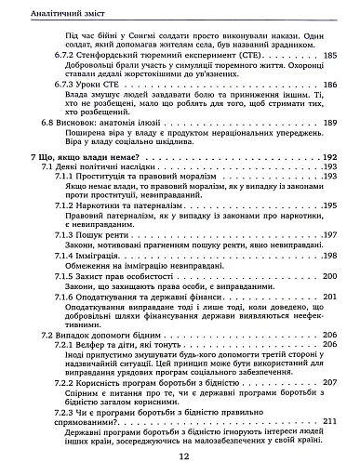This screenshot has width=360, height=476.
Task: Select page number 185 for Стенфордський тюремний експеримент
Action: point(326,57)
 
